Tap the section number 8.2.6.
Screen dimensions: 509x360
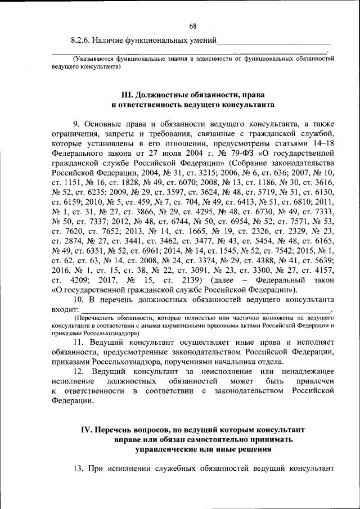pos(80,40)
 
